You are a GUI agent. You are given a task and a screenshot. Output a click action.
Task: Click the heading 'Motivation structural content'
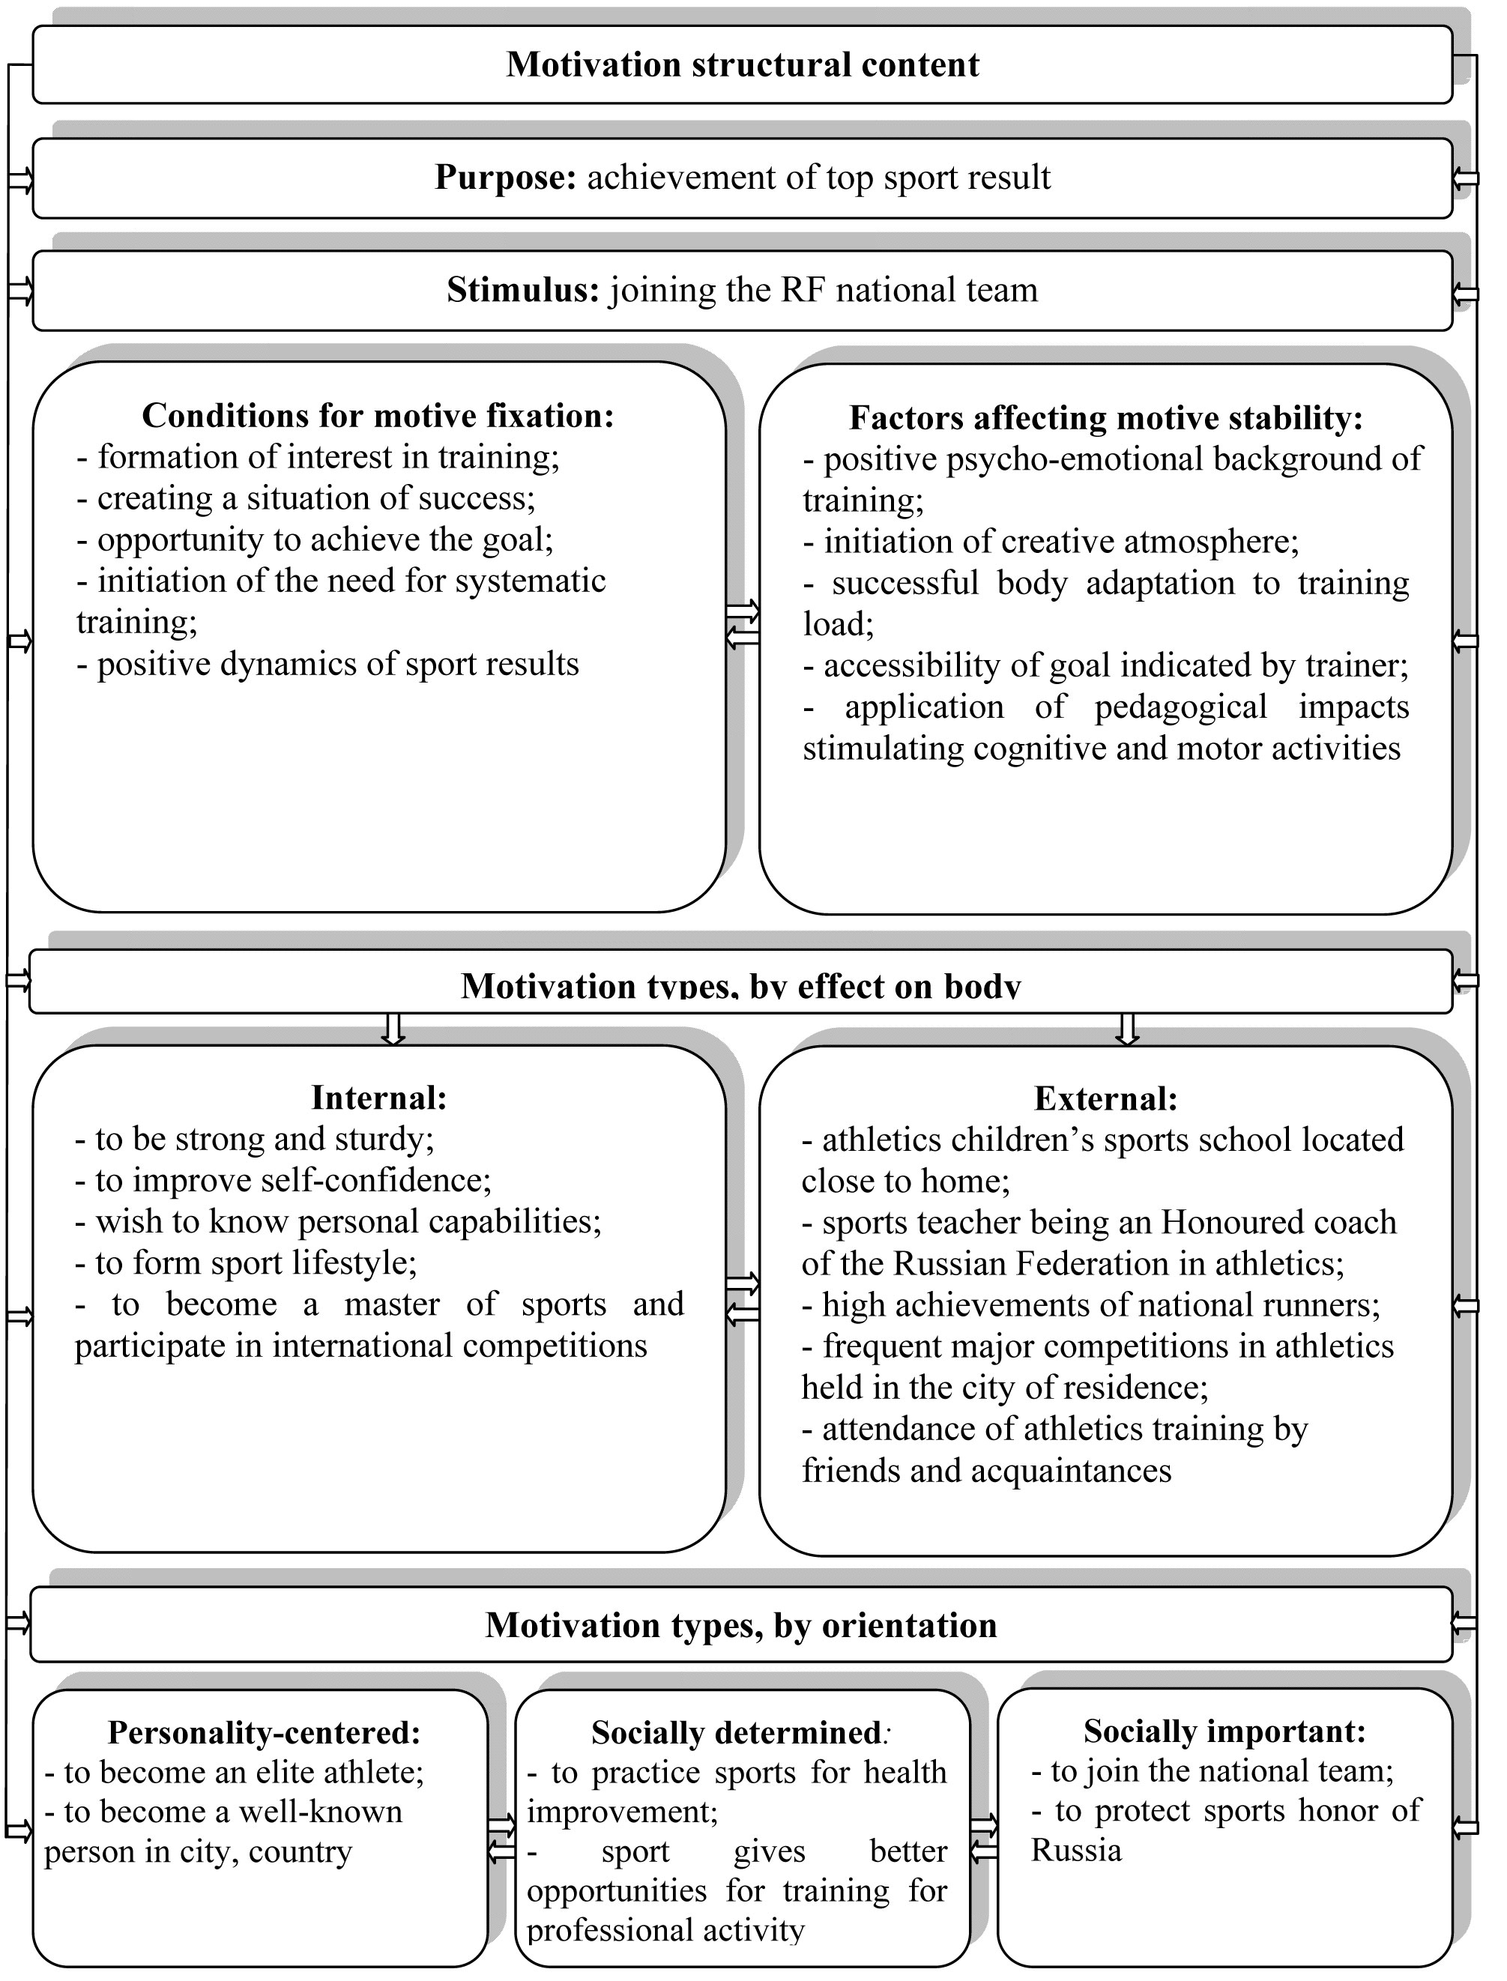pyautogui.click(x=743, y=64)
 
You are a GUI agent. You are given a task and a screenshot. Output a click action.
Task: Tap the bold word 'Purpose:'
pyautogui.click(x=505, y=178)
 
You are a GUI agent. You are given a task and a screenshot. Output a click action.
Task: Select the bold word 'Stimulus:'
pyautogui.click(x=522, y=290)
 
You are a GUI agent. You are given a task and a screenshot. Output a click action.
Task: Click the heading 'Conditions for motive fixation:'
pyautogui.click(x=378, y=415)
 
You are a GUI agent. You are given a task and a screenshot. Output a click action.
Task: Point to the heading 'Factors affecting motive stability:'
pyautogui.click(x=1105, y=417)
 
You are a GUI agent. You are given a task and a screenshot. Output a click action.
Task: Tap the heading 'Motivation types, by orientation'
pyautogui.click(x=741, y=1625)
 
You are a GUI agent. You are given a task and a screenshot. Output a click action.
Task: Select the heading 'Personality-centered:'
pyautogui.click(x=264, y=1732)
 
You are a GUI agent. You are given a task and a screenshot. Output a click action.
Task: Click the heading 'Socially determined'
pyautogui.click(x=736, y=1732)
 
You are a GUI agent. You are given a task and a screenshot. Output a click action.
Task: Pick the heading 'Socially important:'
pyautogui.click(x=1224, y=1730)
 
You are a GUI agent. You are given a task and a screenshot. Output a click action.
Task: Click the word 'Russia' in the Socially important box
pyautogui.click(x=1075, y=1850)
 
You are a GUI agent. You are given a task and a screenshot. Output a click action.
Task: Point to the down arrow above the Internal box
pyautogui.click(x=393, y=1029)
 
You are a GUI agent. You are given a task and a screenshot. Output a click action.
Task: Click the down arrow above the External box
pyautogui.click(x=1128, y=1029)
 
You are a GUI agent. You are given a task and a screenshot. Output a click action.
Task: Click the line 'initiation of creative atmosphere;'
pyautogui.click(x=1060, y=542)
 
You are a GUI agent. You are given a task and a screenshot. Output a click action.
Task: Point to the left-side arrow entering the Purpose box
pyautogui.click(x=19, y=181)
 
